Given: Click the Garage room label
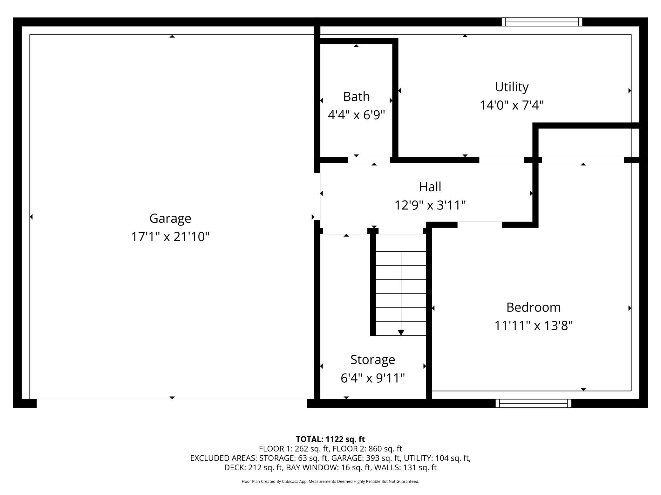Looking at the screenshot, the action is coord(170,219).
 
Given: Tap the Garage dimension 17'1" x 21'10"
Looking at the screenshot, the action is coord(170,237).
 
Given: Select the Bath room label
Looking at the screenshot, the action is coord(356,96).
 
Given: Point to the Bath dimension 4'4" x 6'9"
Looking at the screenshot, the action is coord(356,115).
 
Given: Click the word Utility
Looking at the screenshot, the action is coord(512,87).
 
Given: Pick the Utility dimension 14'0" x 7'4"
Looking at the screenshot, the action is coord(512,105).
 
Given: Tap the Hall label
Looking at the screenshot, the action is coord(430,187).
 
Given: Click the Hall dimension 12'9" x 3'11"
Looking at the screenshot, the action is coord(430,205).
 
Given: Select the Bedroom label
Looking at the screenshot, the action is coord(533,307).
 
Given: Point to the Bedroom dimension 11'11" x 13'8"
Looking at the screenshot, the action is coord(533,326).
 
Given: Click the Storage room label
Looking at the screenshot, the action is coord(372,360).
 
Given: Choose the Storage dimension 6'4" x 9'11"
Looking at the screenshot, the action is coord(372,378).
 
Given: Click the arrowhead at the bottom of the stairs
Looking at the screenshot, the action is coord(401,332).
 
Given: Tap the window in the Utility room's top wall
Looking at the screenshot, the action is coord(542,22).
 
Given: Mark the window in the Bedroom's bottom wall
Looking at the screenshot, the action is coord(533,403).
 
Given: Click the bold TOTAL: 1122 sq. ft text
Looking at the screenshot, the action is coord(330,439).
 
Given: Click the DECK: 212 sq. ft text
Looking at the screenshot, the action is coord(253,467).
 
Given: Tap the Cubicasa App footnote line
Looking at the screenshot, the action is coord(330,481).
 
